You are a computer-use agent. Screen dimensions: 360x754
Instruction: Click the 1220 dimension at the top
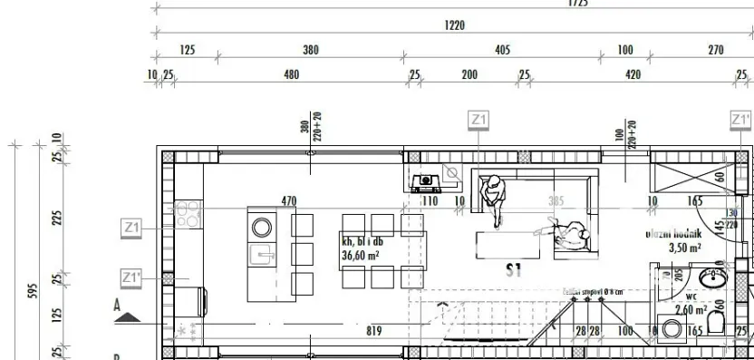coord(455,26)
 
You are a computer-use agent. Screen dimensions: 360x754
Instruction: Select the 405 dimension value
coord(503,51)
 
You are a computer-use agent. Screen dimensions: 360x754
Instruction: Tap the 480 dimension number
coord(291,74)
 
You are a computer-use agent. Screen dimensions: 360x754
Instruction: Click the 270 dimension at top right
coord(716,51)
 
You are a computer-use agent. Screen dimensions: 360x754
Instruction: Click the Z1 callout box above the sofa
coord(478,120)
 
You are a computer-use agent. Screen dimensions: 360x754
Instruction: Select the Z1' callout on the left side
coord(132,277)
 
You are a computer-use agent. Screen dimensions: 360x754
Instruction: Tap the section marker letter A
coord(117,306)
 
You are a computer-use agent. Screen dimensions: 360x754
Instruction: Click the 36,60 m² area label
coord(360,256)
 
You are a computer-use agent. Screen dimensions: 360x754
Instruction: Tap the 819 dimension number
coord(372,331)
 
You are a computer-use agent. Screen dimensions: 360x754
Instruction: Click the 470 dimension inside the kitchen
coord(289,200)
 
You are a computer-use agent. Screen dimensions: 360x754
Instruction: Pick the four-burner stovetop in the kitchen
coord(187,214)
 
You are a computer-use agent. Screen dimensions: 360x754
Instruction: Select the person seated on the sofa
coord(494,197)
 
